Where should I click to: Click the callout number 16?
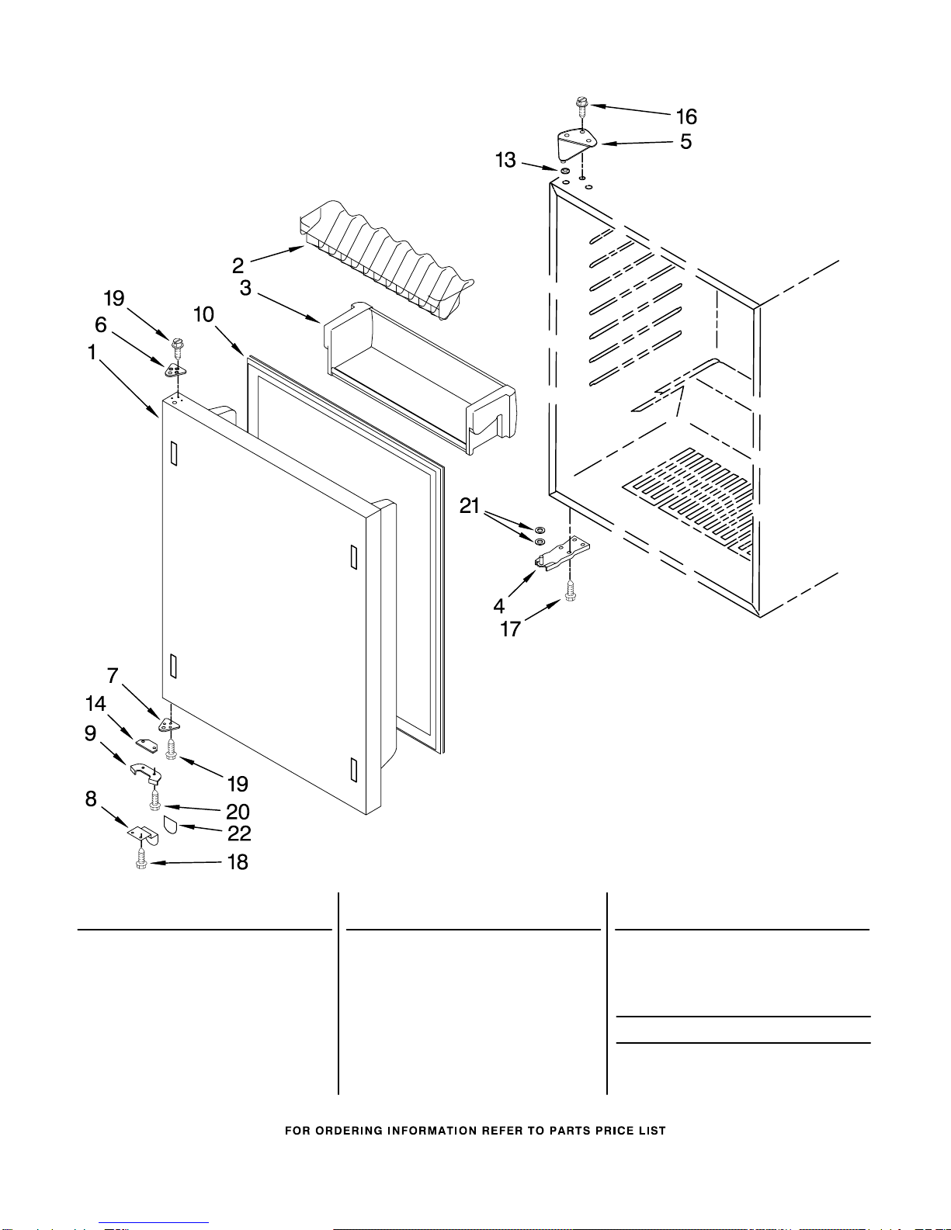click(686, 117)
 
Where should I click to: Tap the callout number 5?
click(686, 142)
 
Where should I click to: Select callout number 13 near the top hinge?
click(505, 160)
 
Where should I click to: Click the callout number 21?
click(470, 507)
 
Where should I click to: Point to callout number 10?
click(203, 314)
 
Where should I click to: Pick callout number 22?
click(239, 833)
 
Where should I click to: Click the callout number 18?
click(238, 862)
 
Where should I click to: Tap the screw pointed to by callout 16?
click(580, 103)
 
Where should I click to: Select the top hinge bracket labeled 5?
click(577, 144)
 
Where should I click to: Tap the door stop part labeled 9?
click(145, 771)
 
